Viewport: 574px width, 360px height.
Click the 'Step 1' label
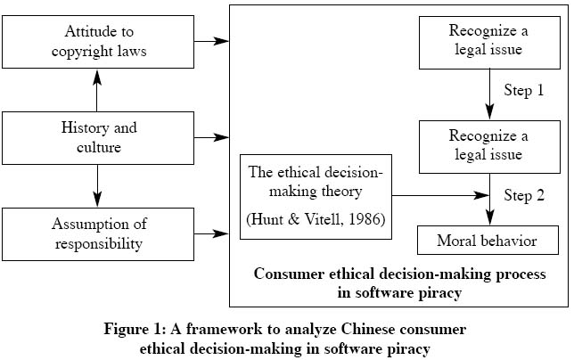click(524, 90)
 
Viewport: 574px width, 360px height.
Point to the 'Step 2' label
click(524, 195)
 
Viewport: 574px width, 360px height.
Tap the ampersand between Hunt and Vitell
click(293, 219)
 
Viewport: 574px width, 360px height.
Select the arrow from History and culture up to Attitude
click(97, 90)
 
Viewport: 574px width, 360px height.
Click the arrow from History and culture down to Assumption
click(97, 186)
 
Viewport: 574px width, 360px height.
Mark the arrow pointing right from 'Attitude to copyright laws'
click(211, 41)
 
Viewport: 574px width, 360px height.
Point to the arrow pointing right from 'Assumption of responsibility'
click(211, 233)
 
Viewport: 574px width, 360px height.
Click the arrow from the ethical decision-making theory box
click(440, 195)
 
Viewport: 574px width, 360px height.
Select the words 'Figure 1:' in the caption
click(135, 329)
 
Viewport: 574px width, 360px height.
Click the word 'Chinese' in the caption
click(368, 329)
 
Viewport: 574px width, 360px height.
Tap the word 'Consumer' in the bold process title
click(289, 274)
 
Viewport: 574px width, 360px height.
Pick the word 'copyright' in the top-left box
click(82, 52)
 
